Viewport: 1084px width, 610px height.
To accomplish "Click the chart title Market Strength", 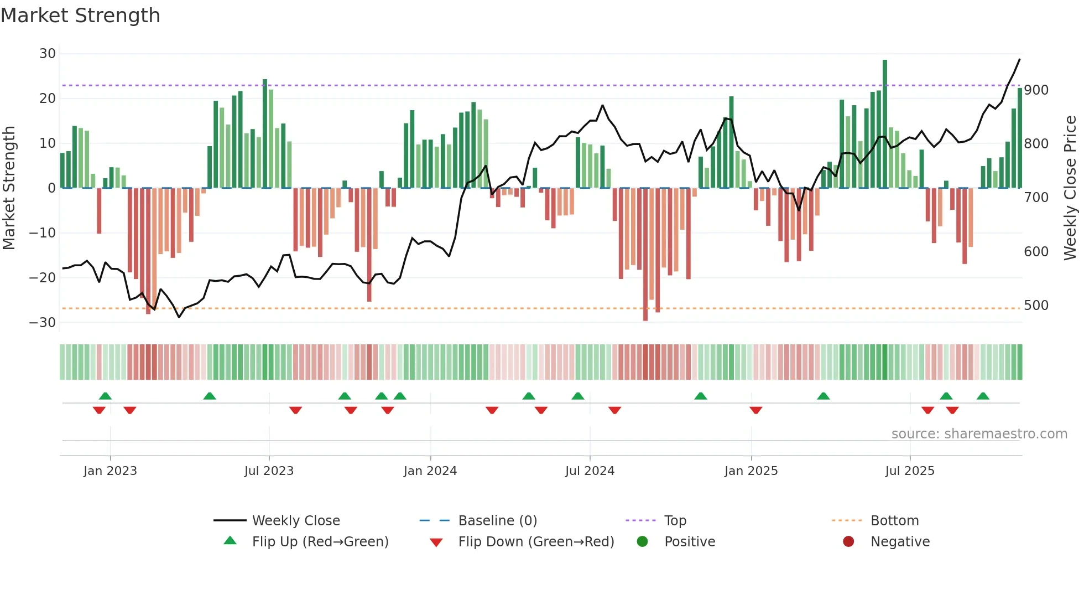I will click(x=80, y=15).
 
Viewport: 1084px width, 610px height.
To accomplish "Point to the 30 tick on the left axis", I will click(x=48, y=54).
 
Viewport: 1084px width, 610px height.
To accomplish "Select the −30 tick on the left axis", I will click(x=43, y=322).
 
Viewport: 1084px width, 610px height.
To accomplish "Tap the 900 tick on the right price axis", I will click(x=1036, y=90).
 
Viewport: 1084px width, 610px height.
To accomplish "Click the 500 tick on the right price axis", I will click(x=1036, y=306).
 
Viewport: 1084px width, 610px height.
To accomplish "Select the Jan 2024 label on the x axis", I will click(x=430, y=471).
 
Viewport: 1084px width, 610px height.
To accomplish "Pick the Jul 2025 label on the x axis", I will click(x=909, y=471).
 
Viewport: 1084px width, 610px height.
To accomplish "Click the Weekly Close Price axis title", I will click(x=1070, y=188).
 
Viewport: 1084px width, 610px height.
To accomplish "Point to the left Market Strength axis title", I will click(x=9, y=188).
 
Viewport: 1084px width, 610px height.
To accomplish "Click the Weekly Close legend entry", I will click(x=295, y=521).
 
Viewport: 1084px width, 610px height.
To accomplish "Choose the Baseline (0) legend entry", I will click(x=497, y=521).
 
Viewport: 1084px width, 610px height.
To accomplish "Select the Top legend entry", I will click(x=675, y=521).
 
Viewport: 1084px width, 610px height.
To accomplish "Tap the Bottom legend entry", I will click(x=894, y=521).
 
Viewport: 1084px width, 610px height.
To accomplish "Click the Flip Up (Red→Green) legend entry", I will click(x=320, y=542).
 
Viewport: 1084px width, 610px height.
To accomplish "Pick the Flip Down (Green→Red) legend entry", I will click(x=535, y=542).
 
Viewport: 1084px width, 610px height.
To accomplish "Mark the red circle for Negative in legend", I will click(x=848, y=541).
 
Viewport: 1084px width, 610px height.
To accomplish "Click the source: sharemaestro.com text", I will click(x=979, y=434).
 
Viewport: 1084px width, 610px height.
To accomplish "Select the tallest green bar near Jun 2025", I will click(x=885, y=124).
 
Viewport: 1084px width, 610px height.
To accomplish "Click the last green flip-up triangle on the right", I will click(x=983, y=396).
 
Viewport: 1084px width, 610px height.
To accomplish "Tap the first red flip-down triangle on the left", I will click(x=99, y=410).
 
